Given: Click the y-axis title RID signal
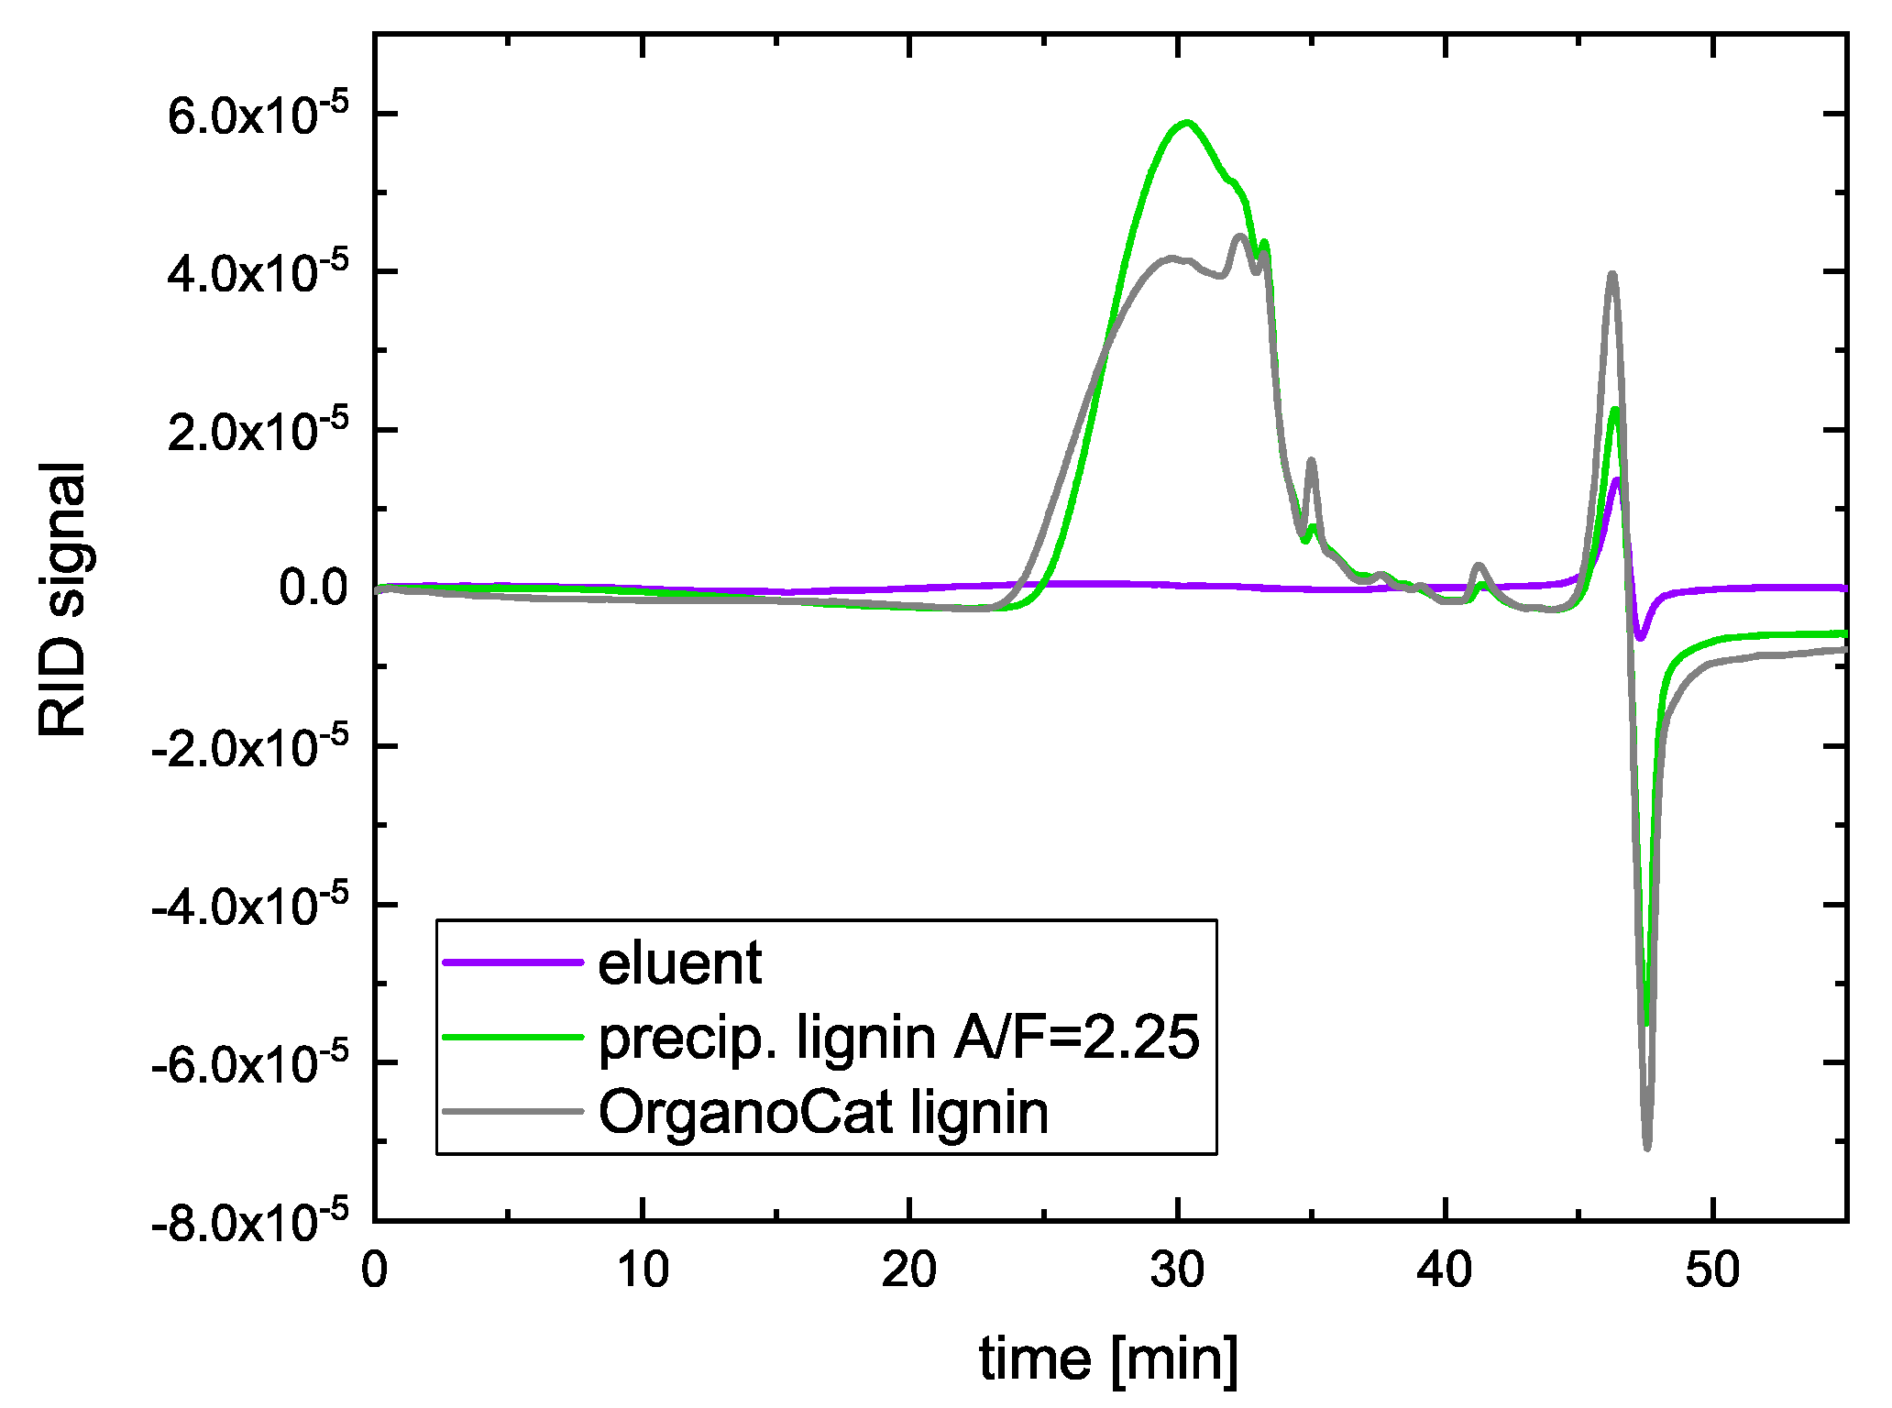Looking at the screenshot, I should click(x=62, y=599).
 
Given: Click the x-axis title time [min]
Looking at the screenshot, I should click(x=1108, y=1358).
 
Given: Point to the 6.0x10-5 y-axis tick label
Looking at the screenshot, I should click(x=258, y=116).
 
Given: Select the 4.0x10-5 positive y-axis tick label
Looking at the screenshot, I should click(x=258, y=274).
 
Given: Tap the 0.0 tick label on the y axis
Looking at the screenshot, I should click(x=313, y=588).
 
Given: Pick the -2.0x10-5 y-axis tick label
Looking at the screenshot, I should click(x=249, y=748).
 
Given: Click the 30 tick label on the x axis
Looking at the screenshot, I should click(x=1177, y=1270).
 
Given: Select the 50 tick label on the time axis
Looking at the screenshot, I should click(x=1712, y=1270).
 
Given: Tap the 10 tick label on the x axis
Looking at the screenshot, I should click(x=642, y=1270).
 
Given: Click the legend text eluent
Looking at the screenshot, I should click(x=679, y=962).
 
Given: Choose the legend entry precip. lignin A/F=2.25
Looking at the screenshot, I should click(x=898, y=1038).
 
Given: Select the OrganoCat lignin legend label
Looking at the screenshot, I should click(x=823, y=1113).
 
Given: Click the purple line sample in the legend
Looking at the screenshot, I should click(x=512, y=962).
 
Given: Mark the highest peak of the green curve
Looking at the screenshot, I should click(x=1186, y=122).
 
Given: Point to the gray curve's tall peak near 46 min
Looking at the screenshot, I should click(x=1612, y=274).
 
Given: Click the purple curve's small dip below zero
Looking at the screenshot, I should click(x=1640, y=637).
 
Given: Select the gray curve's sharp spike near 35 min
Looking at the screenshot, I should click(x=1312, y=461).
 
